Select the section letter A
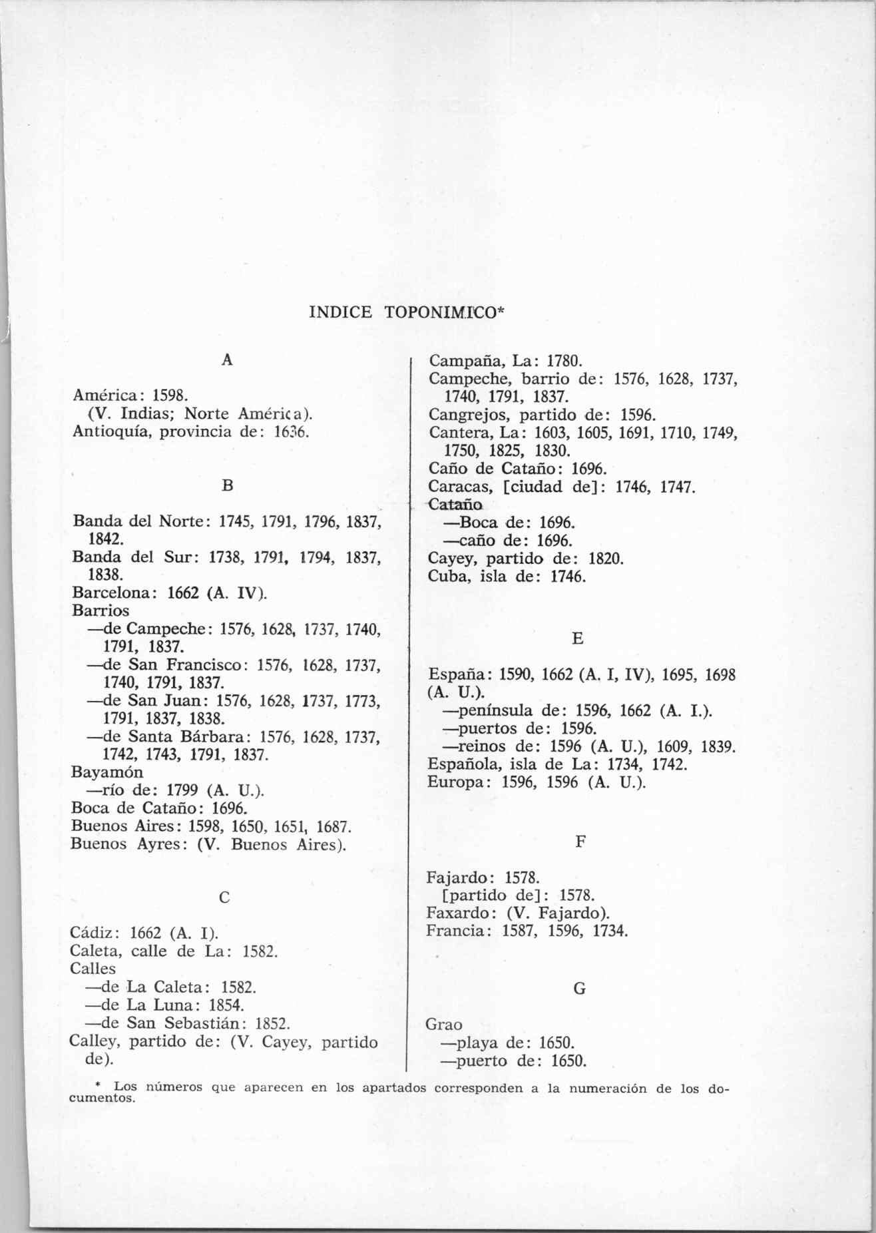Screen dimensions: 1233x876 (x=227, y=360)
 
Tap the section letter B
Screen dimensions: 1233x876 (x=227, y=486)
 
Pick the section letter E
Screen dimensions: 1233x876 (x=577, y=638)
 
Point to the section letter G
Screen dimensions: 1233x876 (x=579, y=989)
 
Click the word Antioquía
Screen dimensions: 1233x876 (x=107, y=431)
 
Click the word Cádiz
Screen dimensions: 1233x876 (x=95, y=931)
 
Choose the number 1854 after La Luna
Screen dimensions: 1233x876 (x=226, y=1005)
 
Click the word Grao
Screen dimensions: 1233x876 (x=444, y=1025)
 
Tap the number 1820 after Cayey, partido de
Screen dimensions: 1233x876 (x=606, y=558)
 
